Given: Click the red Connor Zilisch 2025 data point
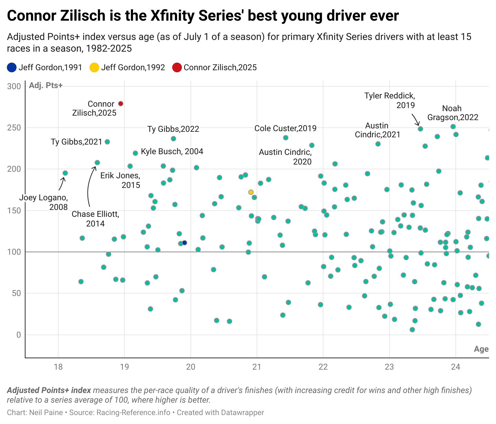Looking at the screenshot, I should (121, 104).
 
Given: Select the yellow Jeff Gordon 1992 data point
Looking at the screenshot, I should (251, 192).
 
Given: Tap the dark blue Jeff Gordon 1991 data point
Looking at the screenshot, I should (184, 243).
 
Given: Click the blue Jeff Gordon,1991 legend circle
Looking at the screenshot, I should (12, 67).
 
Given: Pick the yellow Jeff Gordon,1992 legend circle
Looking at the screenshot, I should (94, 67).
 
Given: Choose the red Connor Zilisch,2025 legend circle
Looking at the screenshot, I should (177, 67).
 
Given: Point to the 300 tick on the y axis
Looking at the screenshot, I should (14, 86).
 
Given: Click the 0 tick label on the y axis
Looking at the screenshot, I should (19, 335).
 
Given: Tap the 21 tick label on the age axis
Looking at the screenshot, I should (257, 367).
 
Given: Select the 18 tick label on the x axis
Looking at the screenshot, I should (58, 367).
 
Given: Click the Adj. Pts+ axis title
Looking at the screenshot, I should (46, 85).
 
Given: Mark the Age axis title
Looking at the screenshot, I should (481, 349).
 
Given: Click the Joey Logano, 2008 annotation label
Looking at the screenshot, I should (43, 202).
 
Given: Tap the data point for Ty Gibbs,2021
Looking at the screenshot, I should (107, 142).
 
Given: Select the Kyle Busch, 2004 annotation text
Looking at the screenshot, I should (172, 151).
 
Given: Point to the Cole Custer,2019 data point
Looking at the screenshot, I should (286, 138).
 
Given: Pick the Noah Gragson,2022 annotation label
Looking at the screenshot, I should (453, 113).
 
